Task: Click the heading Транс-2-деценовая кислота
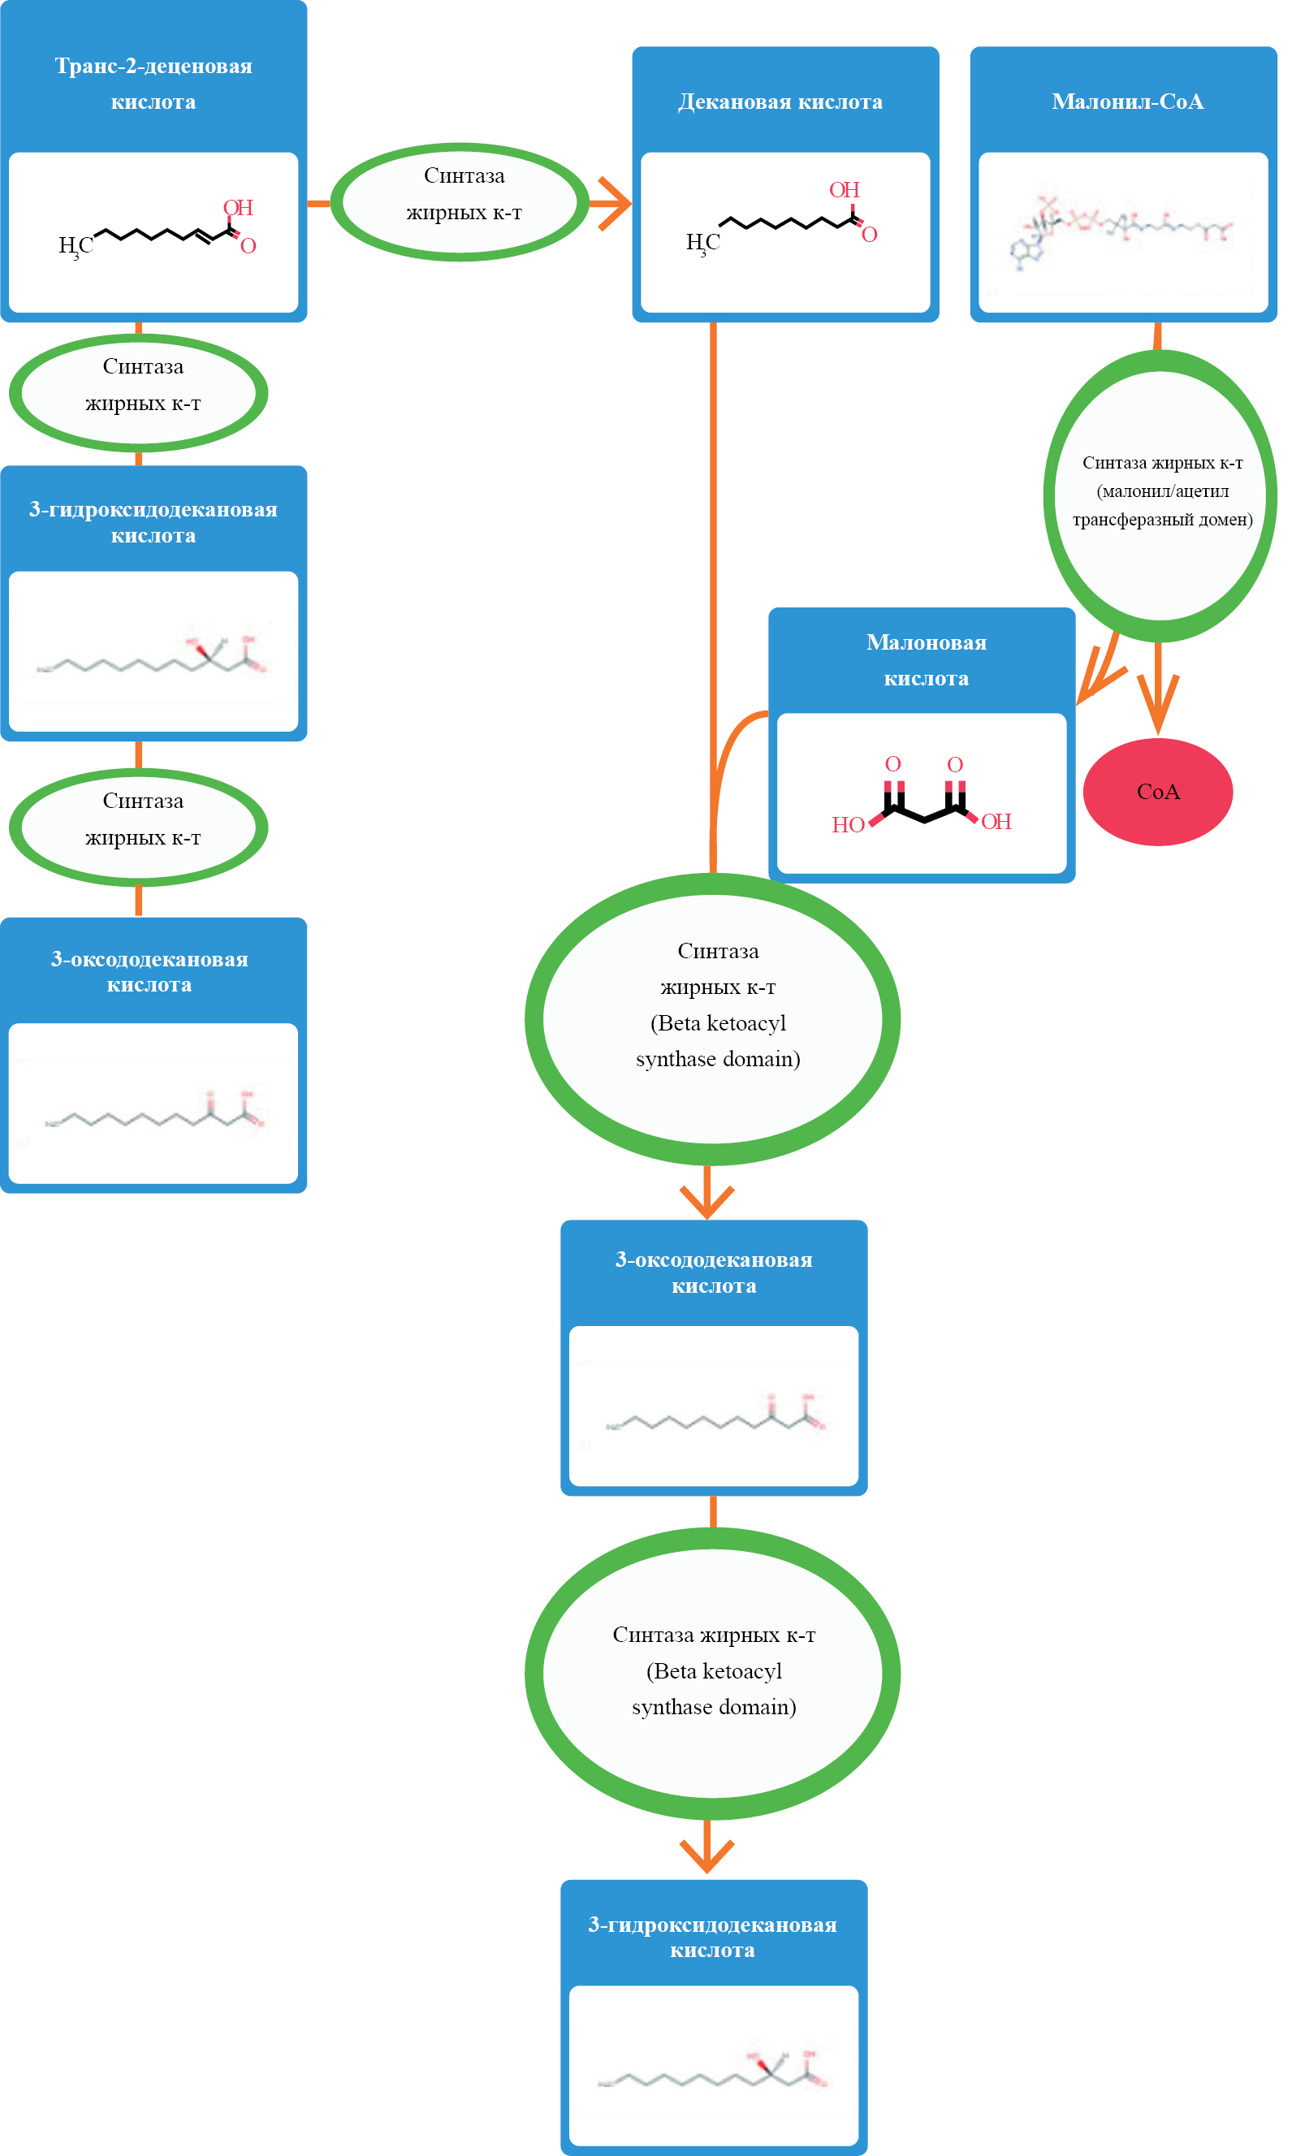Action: [x=153, y=84]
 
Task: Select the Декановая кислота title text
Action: [x=780, y=102]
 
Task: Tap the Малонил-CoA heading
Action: [x=1127, y=102]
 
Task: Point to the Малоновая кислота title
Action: [x=926, y=659]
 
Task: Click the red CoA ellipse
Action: [x=1157, y=791]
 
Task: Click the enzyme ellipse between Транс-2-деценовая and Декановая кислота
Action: [x=460, y=202]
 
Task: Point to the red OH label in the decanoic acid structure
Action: [x=844, y=190]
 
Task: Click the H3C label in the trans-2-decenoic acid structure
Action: [x=75, y=246]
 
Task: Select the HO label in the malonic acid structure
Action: [x=847, y=824]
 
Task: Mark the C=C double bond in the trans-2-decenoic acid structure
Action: [x=201, y=235]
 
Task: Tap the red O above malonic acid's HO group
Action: [x=892, y=764]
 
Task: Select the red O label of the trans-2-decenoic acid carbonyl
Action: [x=248, y=246]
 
